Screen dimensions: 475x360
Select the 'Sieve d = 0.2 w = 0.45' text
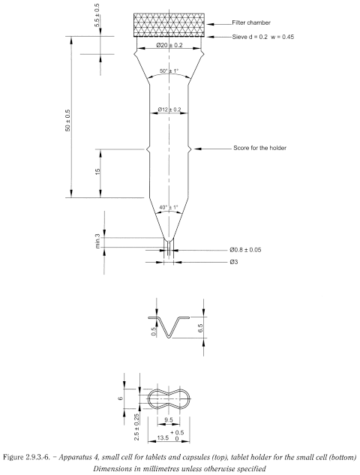tap(271, 36)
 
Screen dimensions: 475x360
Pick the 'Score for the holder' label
tap(259, 149)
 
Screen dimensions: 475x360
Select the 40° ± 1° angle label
tap(169, 207)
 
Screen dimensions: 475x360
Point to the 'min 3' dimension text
tap(97, 240)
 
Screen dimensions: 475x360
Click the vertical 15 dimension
tap(97, 173)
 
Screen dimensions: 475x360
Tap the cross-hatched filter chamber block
tap(169, 26)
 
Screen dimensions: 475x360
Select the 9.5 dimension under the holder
tap(169, 419)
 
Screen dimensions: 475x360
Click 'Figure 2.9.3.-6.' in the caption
tap(35, 455)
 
